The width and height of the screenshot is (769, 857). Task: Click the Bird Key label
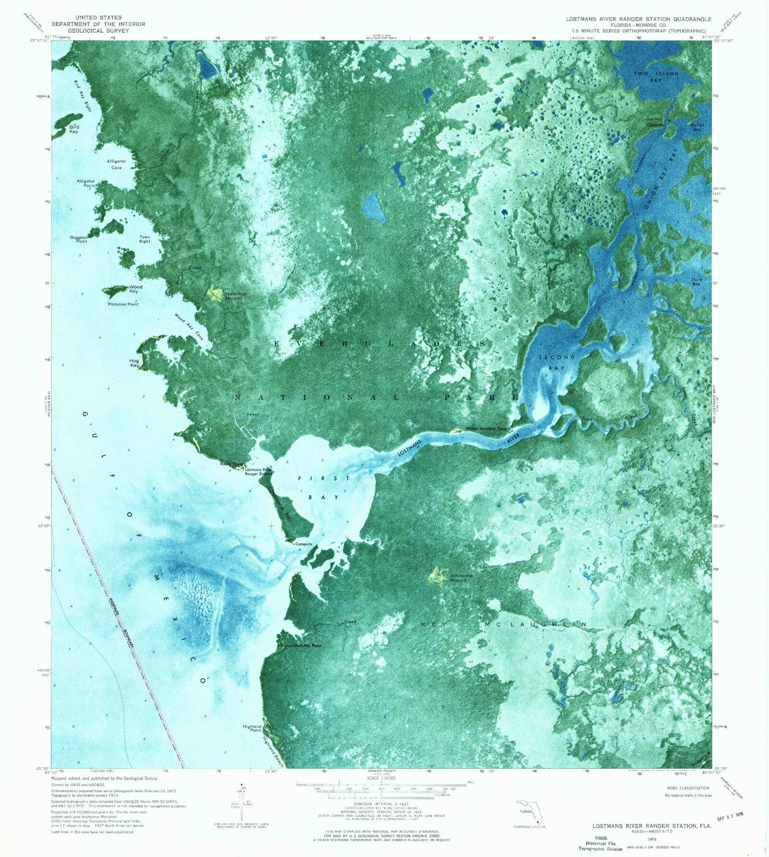click(x=73, y=129)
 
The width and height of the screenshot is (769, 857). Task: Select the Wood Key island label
click(x=135, y=289)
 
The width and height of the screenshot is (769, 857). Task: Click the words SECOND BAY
click(x=557, y=362)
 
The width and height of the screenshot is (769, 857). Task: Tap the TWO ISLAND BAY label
click(x=656, y=77)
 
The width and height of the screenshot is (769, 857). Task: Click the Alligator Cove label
click(x=116, y=164)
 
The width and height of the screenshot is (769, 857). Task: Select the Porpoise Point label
click(x=123, y=304)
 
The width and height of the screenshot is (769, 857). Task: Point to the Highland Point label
click(x=252, y=728)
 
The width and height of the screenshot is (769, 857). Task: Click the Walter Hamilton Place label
click(x=486, y=428)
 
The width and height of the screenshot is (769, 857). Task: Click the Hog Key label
click(x=134, y=363)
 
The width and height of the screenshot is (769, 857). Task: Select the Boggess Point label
click(x=78, y=240)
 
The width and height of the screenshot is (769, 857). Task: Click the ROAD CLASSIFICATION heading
click(x=688, y=788)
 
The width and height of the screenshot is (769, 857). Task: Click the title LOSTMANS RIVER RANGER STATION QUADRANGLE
click(x=638, y=19)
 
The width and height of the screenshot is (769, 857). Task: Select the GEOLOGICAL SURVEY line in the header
click(x=98, y=31)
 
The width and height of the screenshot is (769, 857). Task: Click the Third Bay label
click(x=696, y=282)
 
